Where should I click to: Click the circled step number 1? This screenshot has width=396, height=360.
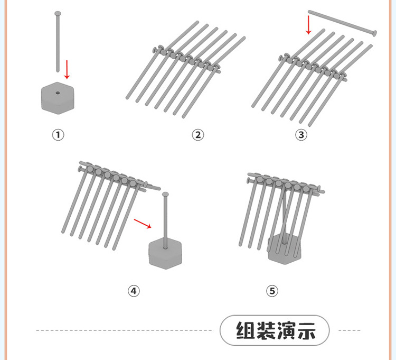point(58,135)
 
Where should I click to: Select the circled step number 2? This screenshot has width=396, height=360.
point(197,135)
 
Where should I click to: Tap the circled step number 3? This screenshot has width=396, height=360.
point(301,135)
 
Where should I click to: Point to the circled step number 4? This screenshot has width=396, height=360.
point(134,290)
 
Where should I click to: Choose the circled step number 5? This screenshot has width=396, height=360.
point(272,290)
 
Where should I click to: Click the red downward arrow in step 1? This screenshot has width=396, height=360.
point(67,69)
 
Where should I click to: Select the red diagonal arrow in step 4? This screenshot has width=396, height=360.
point(142,224)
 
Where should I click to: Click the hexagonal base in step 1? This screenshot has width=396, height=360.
point(56,98)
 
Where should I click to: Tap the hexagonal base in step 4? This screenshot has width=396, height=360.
point(166,253)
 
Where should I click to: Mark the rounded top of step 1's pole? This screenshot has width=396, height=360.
point(58,13)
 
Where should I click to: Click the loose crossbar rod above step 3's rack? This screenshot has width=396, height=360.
point(341,22)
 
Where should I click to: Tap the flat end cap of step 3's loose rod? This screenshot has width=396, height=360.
point(374,33)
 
